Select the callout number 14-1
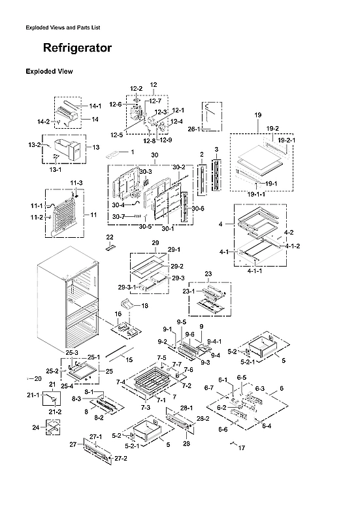tap(95, 105)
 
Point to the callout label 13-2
tap(34, 145)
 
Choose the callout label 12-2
tap(136, 88)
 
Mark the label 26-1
tap(193, 129)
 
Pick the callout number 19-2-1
tap(286, 140)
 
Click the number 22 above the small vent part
tap(110, 236)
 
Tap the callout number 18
tap(144, 306)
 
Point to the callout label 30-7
tap(118, 216)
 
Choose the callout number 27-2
tap(120, 459)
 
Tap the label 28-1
tap(186, 407)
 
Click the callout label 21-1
tap(33, 395)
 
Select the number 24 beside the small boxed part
tap(35, 428)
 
